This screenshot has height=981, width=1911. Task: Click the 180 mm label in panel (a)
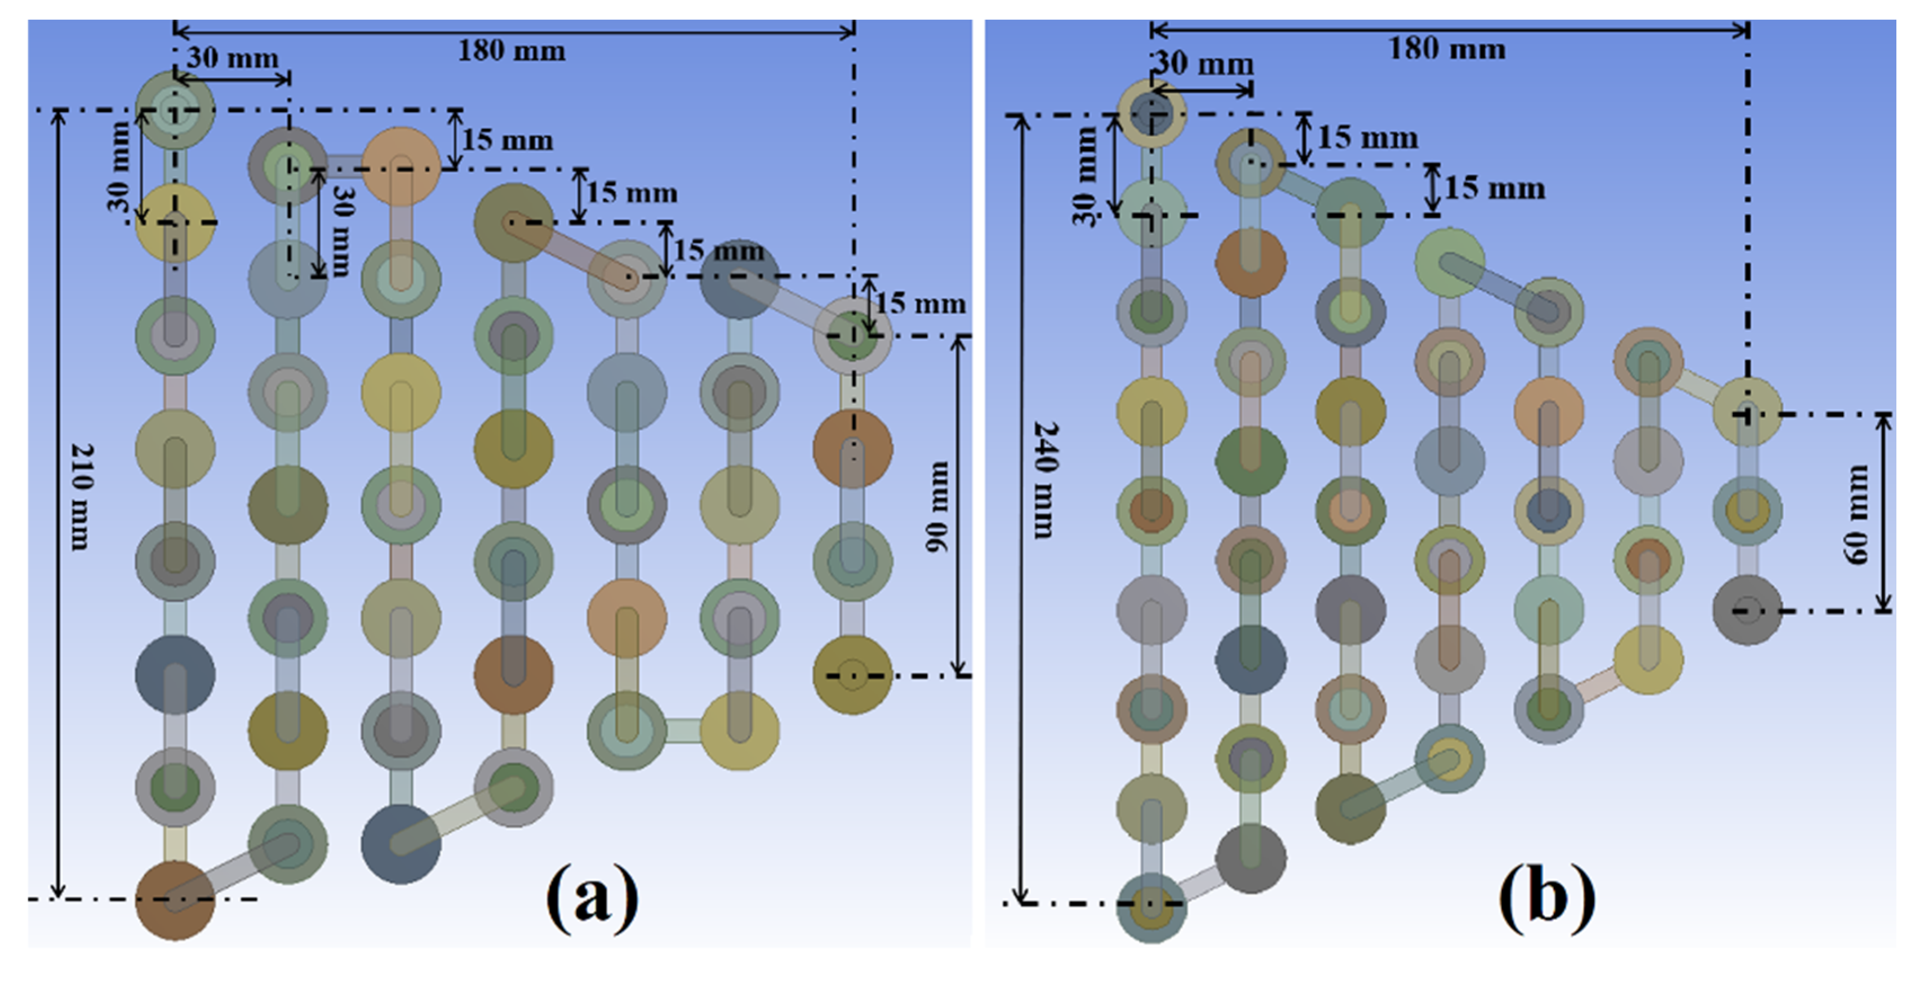(511, 51)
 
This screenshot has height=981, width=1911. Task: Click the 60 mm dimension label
(1857, 514)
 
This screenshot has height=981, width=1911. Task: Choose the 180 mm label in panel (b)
(1447, 50)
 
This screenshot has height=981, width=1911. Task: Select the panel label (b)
(1546, 897)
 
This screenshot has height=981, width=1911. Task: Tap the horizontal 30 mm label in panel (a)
(232, 58)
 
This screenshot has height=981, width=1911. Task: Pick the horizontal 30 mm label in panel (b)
(1204, 64)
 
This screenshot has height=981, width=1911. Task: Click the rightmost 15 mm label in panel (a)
(920, 304)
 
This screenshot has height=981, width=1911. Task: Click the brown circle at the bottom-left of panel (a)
(175, 900)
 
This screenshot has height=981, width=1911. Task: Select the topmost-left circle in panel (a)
(175, 110)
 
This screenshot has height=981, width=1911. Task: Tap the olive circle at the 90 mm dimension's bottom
(852, 675)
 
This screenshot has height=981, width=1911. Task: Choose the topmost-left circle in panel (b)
(1152, 113)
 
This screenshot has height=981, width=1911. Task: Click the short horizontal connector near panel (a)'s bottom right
(682, 730)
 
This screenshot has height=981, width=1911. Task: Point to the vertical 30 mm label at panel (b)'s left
(1085, 175)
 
